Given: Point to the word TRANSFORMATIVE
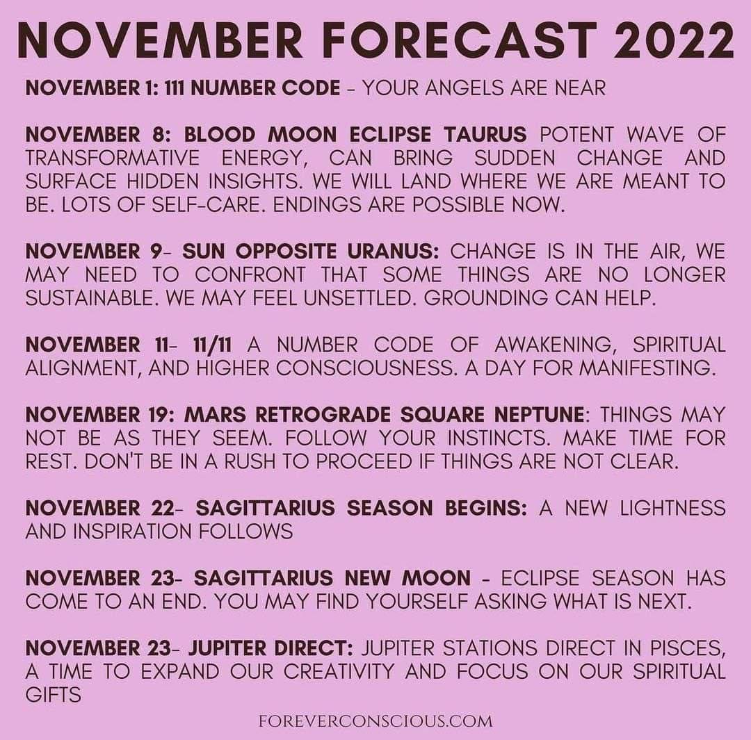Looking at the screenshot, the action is coord(113,158).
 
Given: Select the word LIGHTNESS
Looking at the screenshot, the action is coord(672,508).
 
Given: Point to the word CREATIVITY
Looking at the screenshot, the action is coord(338,671).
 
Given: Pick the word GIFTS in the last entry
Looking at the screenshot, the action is coord(53,695).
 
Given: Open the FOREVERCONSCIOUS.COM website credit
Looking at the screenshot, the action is coord(375,721).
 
